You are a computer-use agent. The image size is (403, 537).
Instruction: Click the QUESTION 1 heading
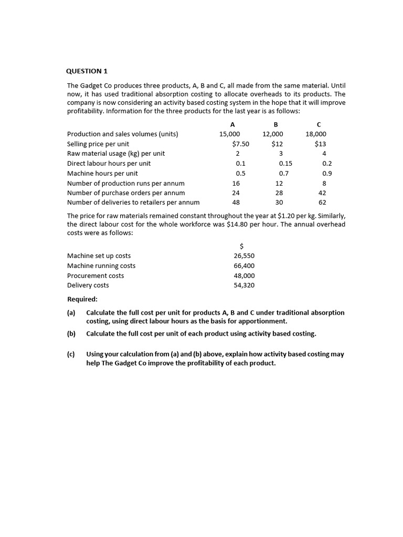(87, 71)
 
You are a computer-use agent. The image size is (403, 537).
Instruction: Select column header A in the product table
(232, 124)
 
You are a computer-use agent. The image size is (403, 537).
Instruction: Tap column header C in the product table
(319, 124)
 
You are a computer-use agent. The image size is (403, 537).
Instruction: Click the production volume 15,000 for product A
(229, 134)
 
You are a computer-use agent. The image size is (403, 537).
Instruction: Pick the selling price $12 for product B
(277, 144)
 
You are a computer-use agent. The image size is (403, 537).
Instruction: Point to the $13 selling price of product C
(320, 144)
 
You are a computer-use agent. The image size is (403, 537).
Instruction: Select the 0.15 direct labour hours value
(285, 164)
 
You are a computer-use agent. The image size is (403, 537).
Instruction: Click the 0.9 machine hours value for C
(327, 174)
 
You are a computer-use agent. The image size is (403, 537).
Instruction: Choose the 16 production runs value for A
(236, 184)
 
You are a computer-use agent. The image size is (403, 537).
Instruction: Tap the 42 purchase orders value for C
(322, 193)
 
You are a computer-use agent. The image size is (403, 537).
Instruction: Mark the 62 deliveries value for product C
(322, 202)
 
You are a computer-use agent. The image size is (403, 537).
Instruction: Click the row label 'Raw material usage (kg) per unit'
(116, 154)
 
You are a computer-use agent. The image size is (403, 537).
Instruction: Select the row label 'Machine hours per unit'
(102, 174)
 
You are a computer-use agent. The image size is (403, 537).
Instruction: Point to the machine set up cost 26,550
(244, 256)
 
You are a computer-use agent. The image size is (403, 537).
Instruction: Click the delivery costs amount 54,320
(244, 285)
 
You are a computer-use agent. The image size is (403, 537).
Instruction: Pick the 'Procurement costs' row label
(96, 276)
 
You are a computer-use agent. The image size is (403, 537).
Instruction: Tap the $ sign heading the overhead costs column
(241, 246)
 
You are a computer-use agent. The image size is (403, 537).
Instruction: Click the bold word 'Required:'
(82, 299)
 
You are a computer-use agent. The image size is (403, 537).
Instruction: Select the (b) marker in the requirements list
(71, 334)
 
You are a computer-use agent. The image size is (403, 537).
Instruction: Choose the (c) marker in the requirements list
(71, 354)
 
